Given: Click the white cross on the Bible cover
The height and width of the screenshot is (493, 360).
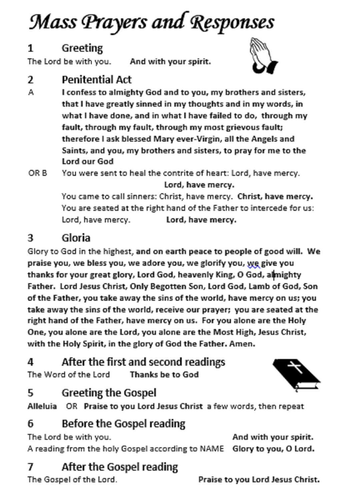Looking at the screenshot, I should pos(294,367).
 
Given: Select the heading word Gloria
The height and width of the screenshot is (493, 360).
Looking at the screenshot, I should pos(76,238).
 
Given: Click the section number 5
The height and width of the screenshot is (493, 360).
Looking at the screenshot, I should pos(30,393).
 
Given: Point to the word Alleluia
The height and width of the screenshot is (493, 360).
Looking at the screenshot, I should pos(42,406).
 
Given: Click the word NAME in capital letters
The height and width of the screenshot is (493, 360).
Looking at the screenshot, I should pos(212,449).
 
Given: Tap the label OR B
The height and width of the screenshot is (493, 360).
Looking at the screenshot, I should pos(37,173).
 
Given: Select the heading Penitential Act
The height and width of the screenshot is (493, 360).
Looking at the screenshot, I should pos(97,80).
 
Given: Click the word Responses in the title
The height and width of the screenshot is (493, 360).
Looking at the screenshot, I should pos(232,23).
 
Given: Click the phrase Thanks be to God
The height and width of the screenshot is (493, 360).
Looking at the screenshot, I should pos(164,375).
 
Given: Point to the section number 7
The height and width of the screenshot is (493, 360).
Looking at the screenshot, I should pos(30,467).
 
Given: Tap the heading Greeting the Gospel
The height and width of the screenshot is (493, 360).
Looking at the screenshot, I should pos(109,393).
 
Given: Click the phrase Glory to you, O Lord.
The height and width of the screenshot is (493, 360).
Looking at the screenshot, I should pos(273,449).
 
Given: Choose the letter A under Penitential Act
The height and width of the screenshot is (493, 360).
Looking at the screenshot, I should pos(31,93).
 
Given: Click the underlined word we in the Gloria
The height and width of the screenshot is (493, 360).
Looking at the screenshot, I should pos(253,263).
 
